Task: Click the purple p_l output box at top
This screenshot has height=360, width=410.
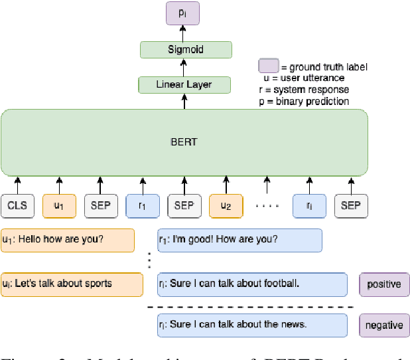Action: tap(185, 13)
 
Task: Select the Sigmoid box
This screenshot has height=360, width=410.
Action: tap(185, 50)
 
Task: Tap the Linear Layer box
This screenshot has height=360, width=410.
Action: tap(184, 85)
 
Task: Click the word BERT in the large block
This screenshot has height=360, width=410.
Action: tap(184, 142)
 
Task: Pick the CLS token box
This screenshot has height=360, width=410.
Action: tap(18, 206)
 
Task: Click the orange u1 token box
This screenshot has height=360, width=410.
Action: tap(59, 206)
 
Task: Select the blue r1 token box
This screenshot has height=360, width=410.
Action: tap(142, 206)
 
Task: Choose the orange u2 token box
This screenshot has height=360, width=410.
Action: tap(226, 206)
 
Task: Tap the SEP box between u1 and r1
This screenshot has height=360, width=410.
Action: tap(101, 206)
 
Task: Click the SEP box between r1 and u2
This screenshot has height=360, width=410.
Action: tap(184, 206)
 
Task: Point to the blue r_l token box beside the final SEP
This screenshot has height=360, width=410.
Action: tap(308, 206)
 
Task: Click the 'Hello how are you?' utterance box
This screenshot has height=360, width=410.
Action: tap(67, 240)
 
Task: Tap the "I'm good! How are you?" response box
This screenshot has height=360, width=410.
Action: tap(239, 240)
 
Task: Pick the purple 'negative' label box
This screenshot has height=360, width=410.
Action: tap(384, 325)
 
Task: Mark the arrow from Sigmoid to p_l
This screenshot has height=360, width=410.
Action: tap(185, 33)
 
